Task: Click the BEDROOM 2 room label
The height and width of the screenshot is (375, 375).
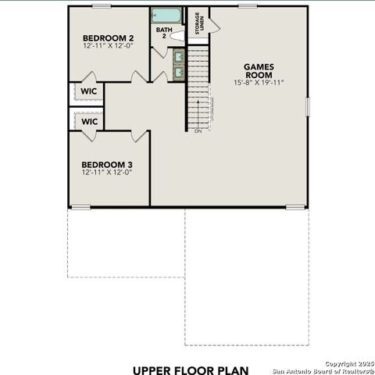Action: coord(108,37)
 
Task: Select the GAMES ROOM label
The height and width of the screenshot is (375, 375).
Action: coord(258,70)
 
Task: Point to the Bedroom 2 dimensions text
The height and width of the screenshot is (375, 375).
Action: coord(108,46)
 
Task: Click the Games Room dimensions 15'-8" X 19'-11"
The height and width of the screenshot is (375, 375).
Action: coord(258,82)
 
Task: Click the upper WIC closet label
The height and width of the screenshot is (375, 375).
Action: coord(87,91)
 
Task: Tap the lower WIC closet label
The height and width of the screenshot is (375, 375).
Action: coord(88,122)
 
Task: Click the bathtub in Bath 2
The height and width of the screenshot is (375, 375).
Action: coord(166,16)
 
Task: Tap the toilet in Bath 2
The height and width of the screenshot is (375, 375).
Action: coord(177,36)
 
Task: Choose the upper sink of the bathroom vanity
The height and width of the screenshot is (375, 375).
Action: coord(178,56)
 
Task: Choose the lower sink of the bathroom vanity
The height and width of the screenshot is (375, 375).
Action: coord(178,72)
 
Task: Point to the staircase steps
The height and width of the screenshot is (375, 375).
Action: coord(198,86)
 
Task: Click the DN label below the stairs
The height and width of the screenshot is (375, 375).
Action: coord(198,131)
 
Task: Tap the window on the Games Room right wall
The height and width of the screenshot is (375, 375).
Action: coord(307,106)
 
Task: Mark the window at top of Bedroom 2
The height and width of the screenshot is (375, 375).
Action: coord(102,6)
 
